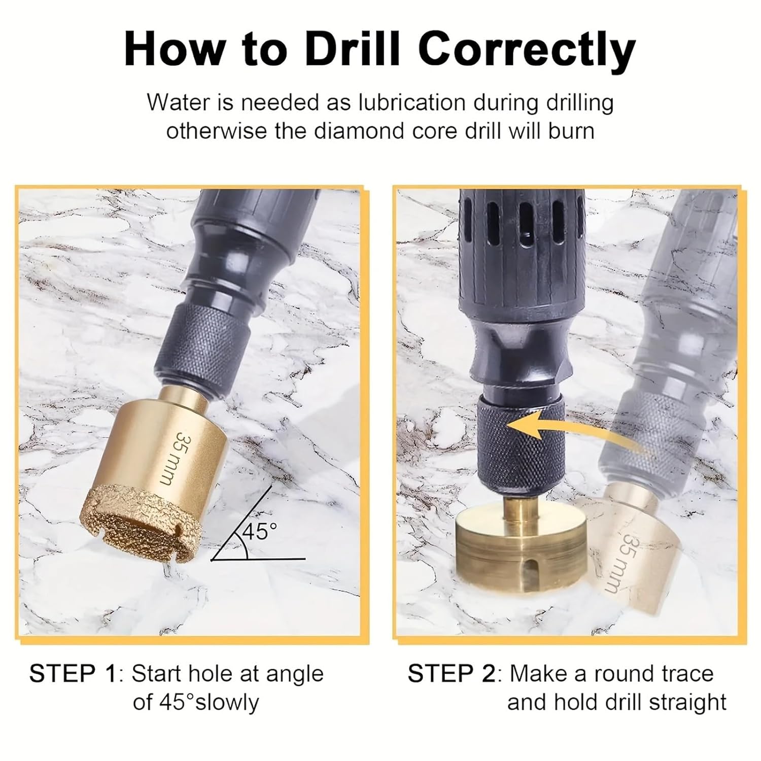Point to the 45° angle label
[259, 531]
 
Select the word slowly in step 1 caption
[227, 703]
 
